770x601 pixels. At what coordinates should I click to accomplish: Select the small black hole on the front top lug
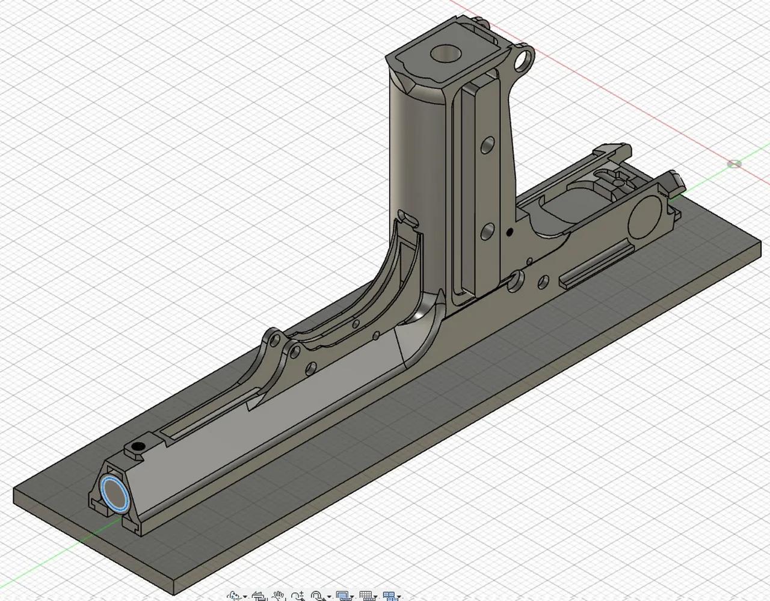pos(139,446)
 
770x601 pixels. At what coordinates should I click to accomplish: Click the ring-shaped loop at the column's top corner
pos(525,58)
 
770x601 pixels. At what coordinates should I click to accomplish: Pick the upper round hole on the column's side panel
pos(487,145)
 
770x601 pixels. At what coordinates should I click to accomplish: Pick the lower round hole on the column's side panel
pos(487,230)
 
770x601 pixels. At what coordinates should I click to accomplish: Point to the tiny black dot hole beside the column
pos(509,232)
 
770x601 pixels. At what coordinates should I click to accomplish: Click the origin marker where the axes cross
pos(735,164)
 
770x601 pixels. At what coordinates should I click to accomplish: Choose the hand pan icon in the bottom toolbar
pos(278,596)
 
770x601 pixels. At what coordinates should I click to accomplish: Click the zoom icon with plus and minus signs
pos(297,596)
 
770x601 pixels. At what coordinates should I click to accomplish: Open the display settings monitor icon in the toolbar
pos(343,596)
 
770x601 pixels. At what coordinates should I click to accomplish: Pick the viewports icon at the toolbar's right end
pos(390,596)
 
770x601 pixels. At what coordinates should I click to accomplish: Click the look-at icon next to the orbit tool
pos(259,596)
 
